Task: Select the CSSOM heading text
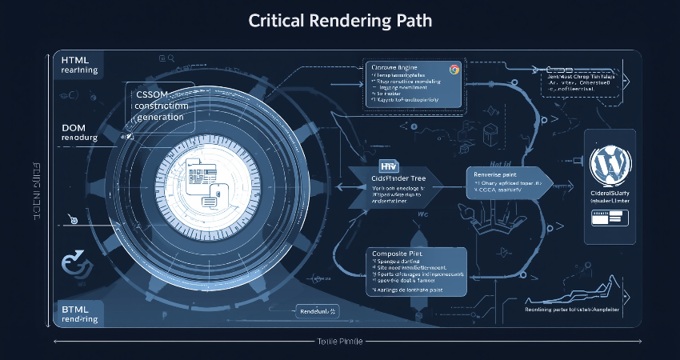click(152, 94)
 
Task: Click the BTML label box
click(78, 314)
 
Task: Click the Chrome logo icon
click(454, 70)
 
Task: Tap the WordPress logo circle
click(610, 165)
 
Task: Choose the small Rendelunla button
click(318, 310)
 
